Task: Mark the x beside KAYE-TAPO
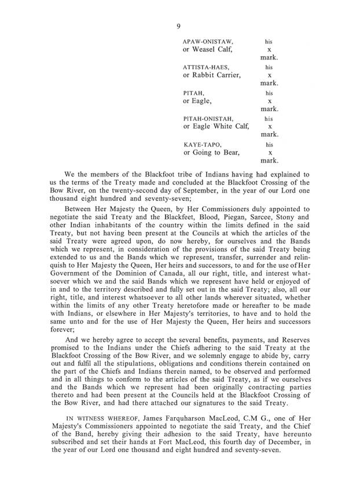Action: tap(269, 152)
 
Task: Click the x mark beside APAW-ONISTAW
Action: tap(269, 50)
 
